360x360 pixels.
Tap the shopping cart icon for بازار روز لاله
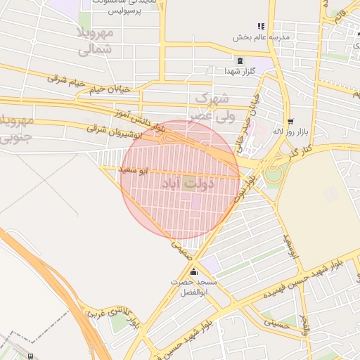pyautogui.click(x=290, y=121)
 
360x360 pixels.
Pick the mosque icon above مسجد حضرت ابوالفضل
pyautogui.click(x=193, y=273)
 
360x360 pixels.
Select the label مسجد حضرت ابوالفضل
pyautogui.click(x=193, y=287)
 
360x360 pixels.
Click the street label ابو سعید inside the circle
pyautogui.click(x=134, y=170)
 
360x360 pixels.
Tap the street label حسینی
pyautogui.click(x=276, y=323)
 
